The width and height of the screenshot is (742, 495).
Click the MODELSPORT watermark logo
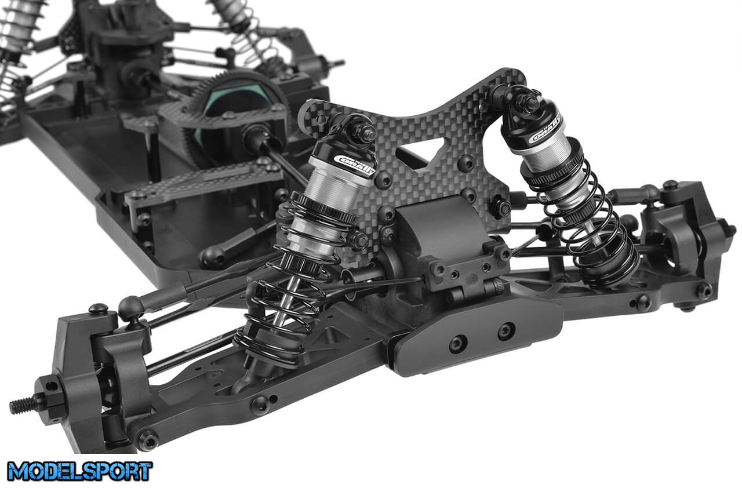click(79, 471)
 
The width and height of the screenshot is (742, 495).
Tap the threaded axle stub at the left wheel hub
click(23, 405)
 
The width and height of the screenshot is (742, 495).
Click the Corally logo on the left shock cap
click(354, 165)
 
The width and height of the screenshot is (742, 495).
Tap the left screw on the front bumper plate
click(458, 344)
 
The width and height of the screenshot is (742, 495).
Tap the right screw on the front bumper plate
click(506, 330)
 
